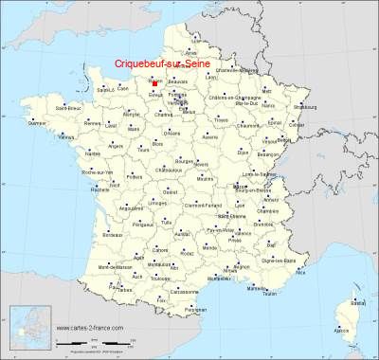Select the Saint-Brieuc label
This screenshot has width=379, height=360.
coord(67,107)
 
